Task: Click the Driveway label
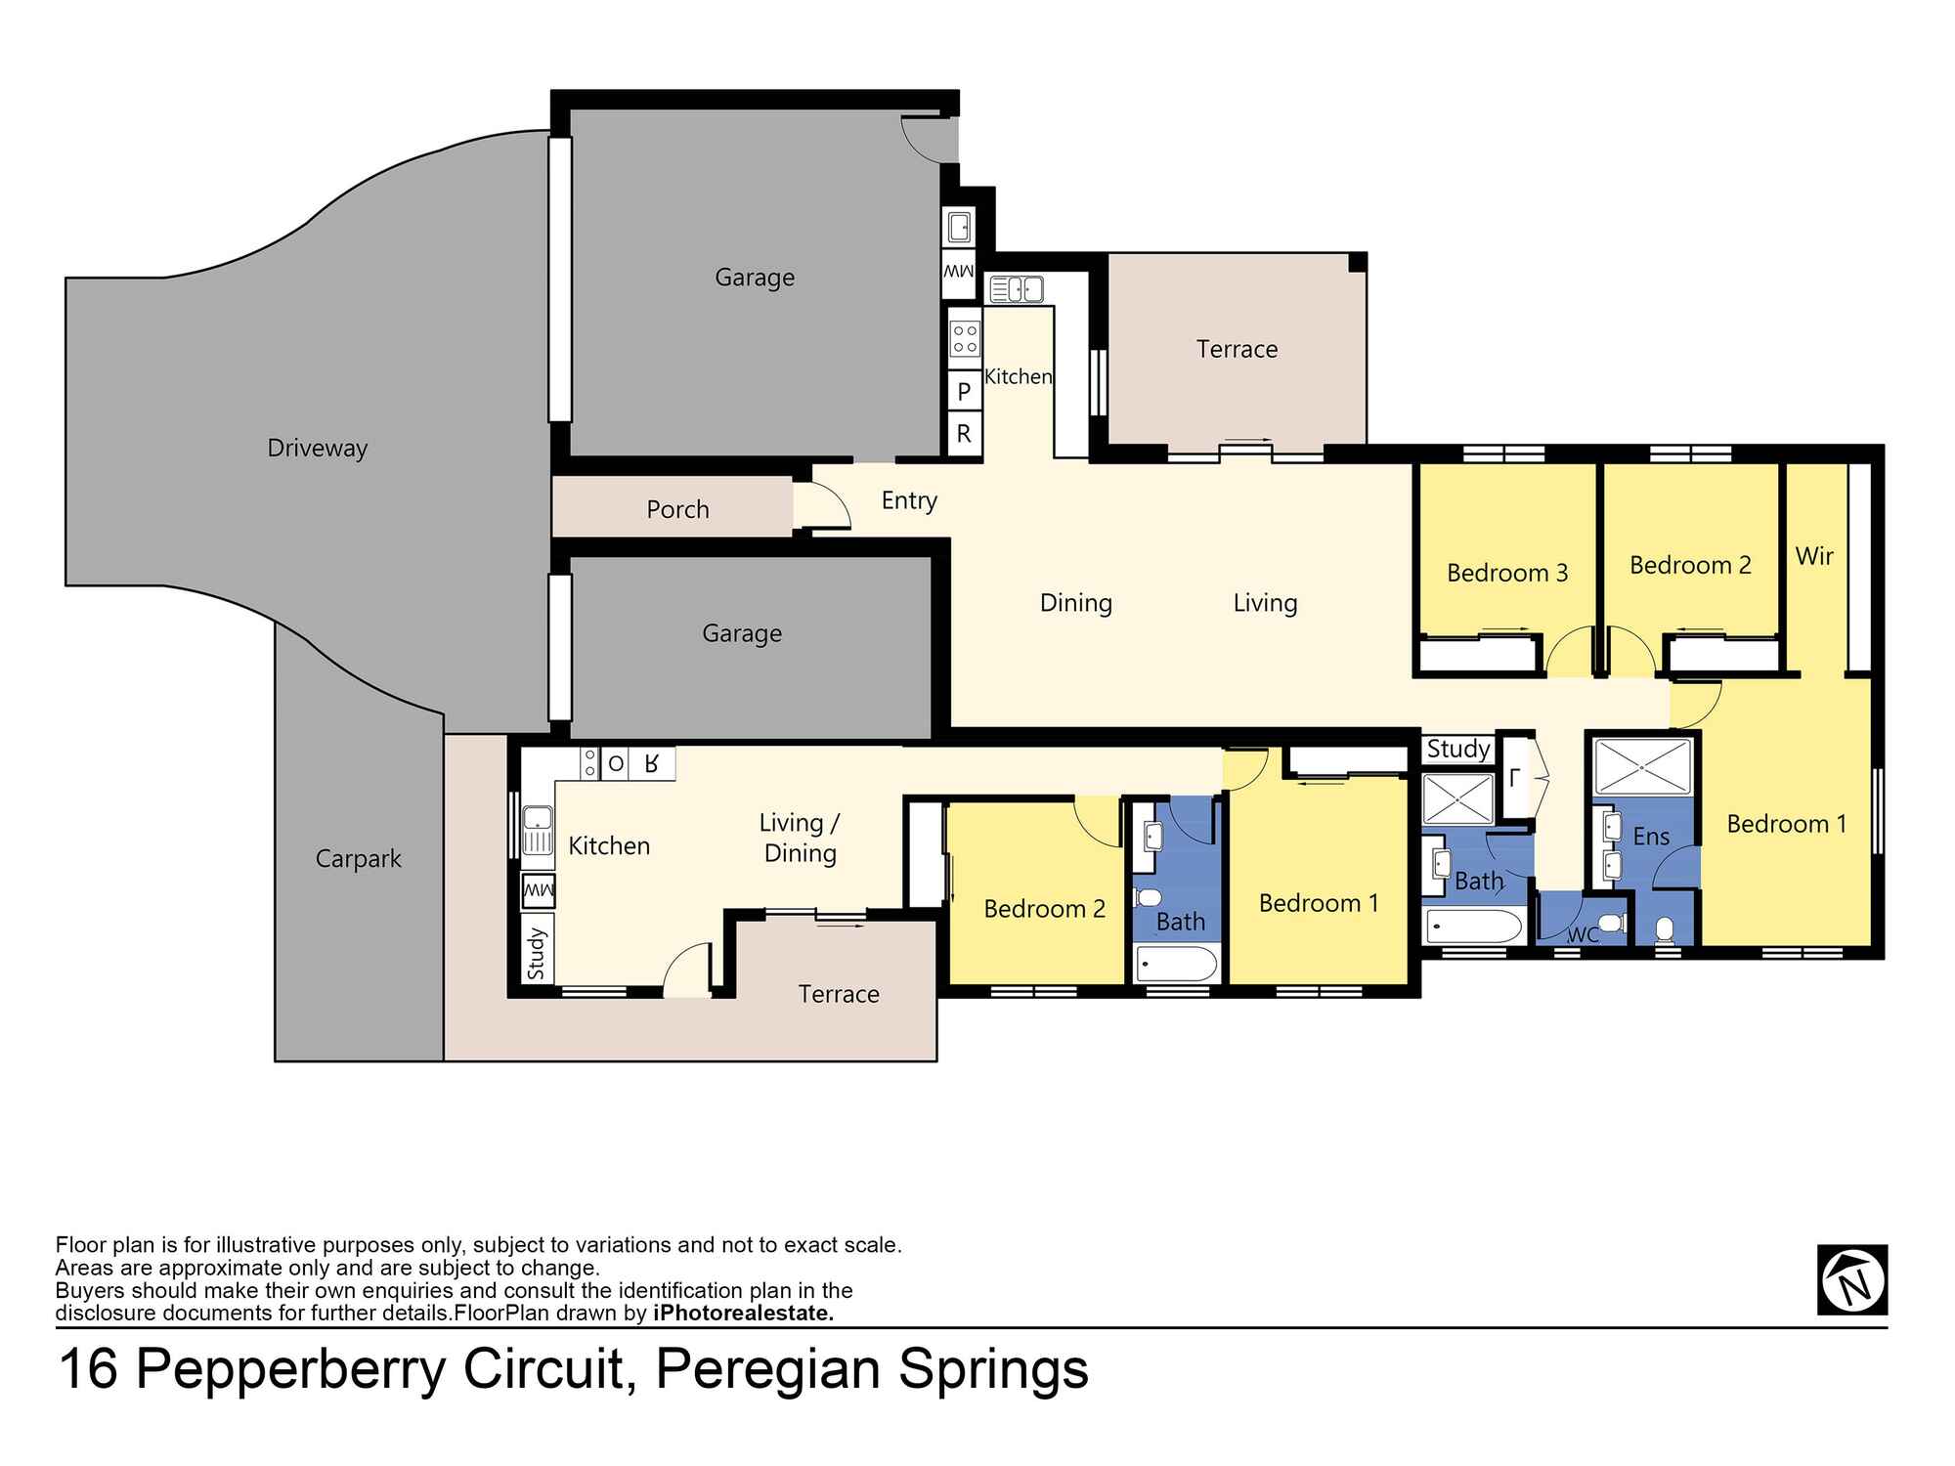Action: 317,449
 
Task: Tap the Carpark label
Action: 358,859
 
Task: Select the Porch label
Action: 677,509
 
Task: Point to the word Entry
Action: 909,500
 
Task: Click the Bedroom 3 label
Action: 1506,573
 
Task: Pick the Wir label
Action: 1814,556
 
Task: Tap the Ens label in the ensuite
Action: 1651,837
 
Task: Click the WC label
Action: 1583,935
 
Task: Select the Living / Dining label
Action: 800,839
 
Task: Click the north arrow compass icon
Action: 1851,1279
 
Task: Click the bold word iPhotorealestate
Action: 743,1314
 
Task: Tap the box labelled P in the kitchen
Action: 964,391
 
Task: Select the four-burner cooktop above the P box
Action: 965,339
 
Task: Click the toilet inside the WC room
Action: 1611,923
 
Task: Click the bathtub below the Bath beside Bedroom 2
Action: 1177,964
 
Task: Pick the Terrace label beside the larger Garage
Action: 1237,349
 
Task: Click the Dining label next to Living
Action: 1075,603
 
